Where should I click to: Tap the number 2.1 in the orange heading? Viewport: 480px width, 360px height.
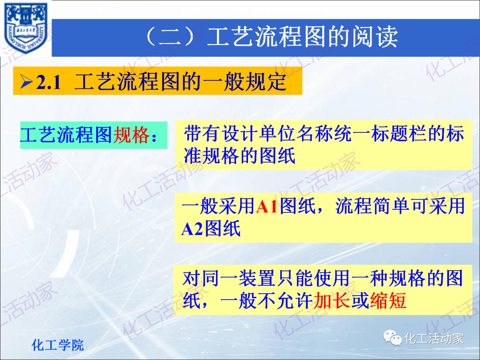[48, 82]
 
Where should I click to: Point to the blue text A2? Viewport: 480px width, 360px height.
[192, 229]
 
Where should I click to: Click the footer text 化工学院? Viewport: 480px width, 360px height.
[58, 345]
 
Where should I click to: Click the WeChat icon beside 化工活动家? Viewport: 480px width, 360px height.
[392, 339]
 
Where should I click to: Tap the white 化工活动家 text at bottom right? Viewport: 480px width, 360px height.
[434, 339]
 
